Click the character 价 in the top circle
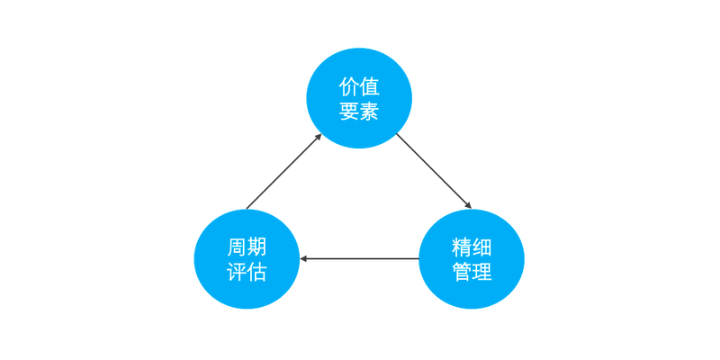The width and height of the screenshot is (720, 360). point(349,86)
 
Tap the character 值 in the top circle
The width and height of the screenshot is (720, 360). point(369,86)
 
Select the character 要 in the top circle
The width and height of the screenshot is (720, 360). point(349,110)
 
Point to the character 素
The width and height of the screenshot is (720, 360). point(369,110)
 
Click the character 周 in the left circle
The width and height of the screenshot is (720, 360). point(237,247)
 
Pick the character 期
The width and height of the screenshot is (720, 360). point(256,247)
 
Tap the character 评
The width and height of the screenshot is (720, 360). point(237,272)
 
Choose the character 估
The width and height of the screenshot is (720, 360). point(256,272)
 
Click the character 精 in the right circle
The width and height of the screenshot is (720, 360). point(462,247)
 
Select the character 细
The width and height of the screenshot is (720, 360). point(481,247)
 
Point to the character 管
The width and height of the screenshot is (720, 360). point(462,272)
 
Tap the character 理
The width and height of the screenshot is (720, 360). point(481,272)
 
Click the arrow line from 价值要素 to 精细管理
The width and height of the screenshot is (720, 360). point(434,171)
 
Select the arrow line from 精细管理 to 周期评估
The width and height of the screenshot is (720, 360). point(359,259)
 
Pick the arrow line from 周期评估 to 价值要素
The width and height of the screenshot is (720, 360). point(283,171)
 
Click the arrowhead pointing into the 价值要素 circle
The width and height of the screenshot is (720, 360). point(319,137)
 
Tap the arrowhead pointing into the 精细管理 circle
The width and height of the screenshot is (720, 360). point(469,206)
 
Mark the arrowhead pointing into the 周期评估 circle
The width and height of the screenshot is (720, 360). point(302,259)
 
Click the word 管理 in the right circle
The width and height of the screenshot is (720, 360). point(472,272)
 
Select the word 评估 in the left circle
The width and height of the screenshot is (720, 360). point(247,272)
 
